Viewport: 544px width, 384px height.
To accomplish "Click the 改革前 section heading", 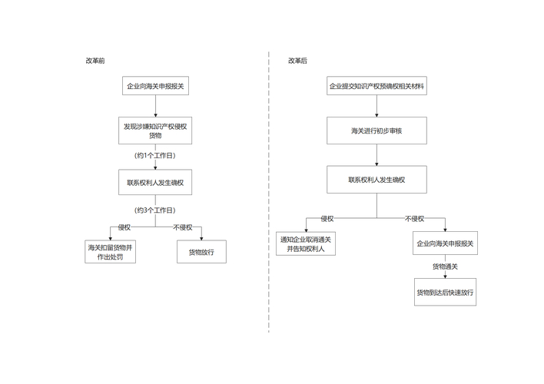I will [x=96, y=61].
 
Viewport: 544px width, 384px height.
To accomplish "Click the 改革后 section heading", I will [x=297, y=61].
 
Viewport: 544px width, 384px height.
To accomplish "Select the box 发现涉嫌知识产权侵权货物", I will [x=155, y=131].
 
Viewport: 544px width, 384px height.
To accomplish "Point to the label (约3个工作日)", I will [x=155, y=210].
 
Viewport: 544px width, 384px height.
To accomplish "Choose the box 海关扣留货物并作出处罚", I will [x=111, y=252].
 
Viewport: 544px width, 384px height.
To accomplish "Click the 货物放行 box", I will [x=201, y=252].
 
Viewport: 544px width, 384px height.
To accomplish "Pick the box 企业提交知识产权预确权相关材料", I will [x=376, y=87].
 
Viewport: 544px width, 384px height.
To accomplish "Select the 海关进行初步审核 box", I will [x=376, y=131].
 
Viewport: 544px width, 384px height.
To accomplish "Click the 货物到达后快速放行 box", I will [x=445, y=292].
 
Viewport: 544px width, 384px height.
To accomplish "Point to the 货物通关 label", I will [x=445, y=266].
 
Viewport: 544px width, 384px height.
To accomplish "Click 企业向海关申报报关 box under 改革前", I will [x=155, y=87].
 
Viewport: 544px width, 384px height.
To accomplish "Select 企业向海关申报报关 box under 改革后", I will [x=445, y=243].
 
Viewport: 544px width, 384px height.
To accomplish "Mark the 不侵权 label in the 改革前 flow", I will [x=183, y=227].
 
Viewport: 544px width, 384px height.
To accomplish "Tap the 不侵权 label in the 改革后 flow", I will [x=414, y=219].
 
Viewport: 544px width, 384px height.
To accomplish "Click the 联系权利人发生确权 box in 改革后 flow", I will [x=376, y=180].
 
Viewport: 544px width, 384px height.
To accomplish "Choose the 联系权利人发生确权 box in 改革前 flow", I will [x=155, y=184].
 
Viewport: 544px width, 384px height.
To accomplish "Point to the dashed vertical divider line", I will [x=269, y=192].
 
